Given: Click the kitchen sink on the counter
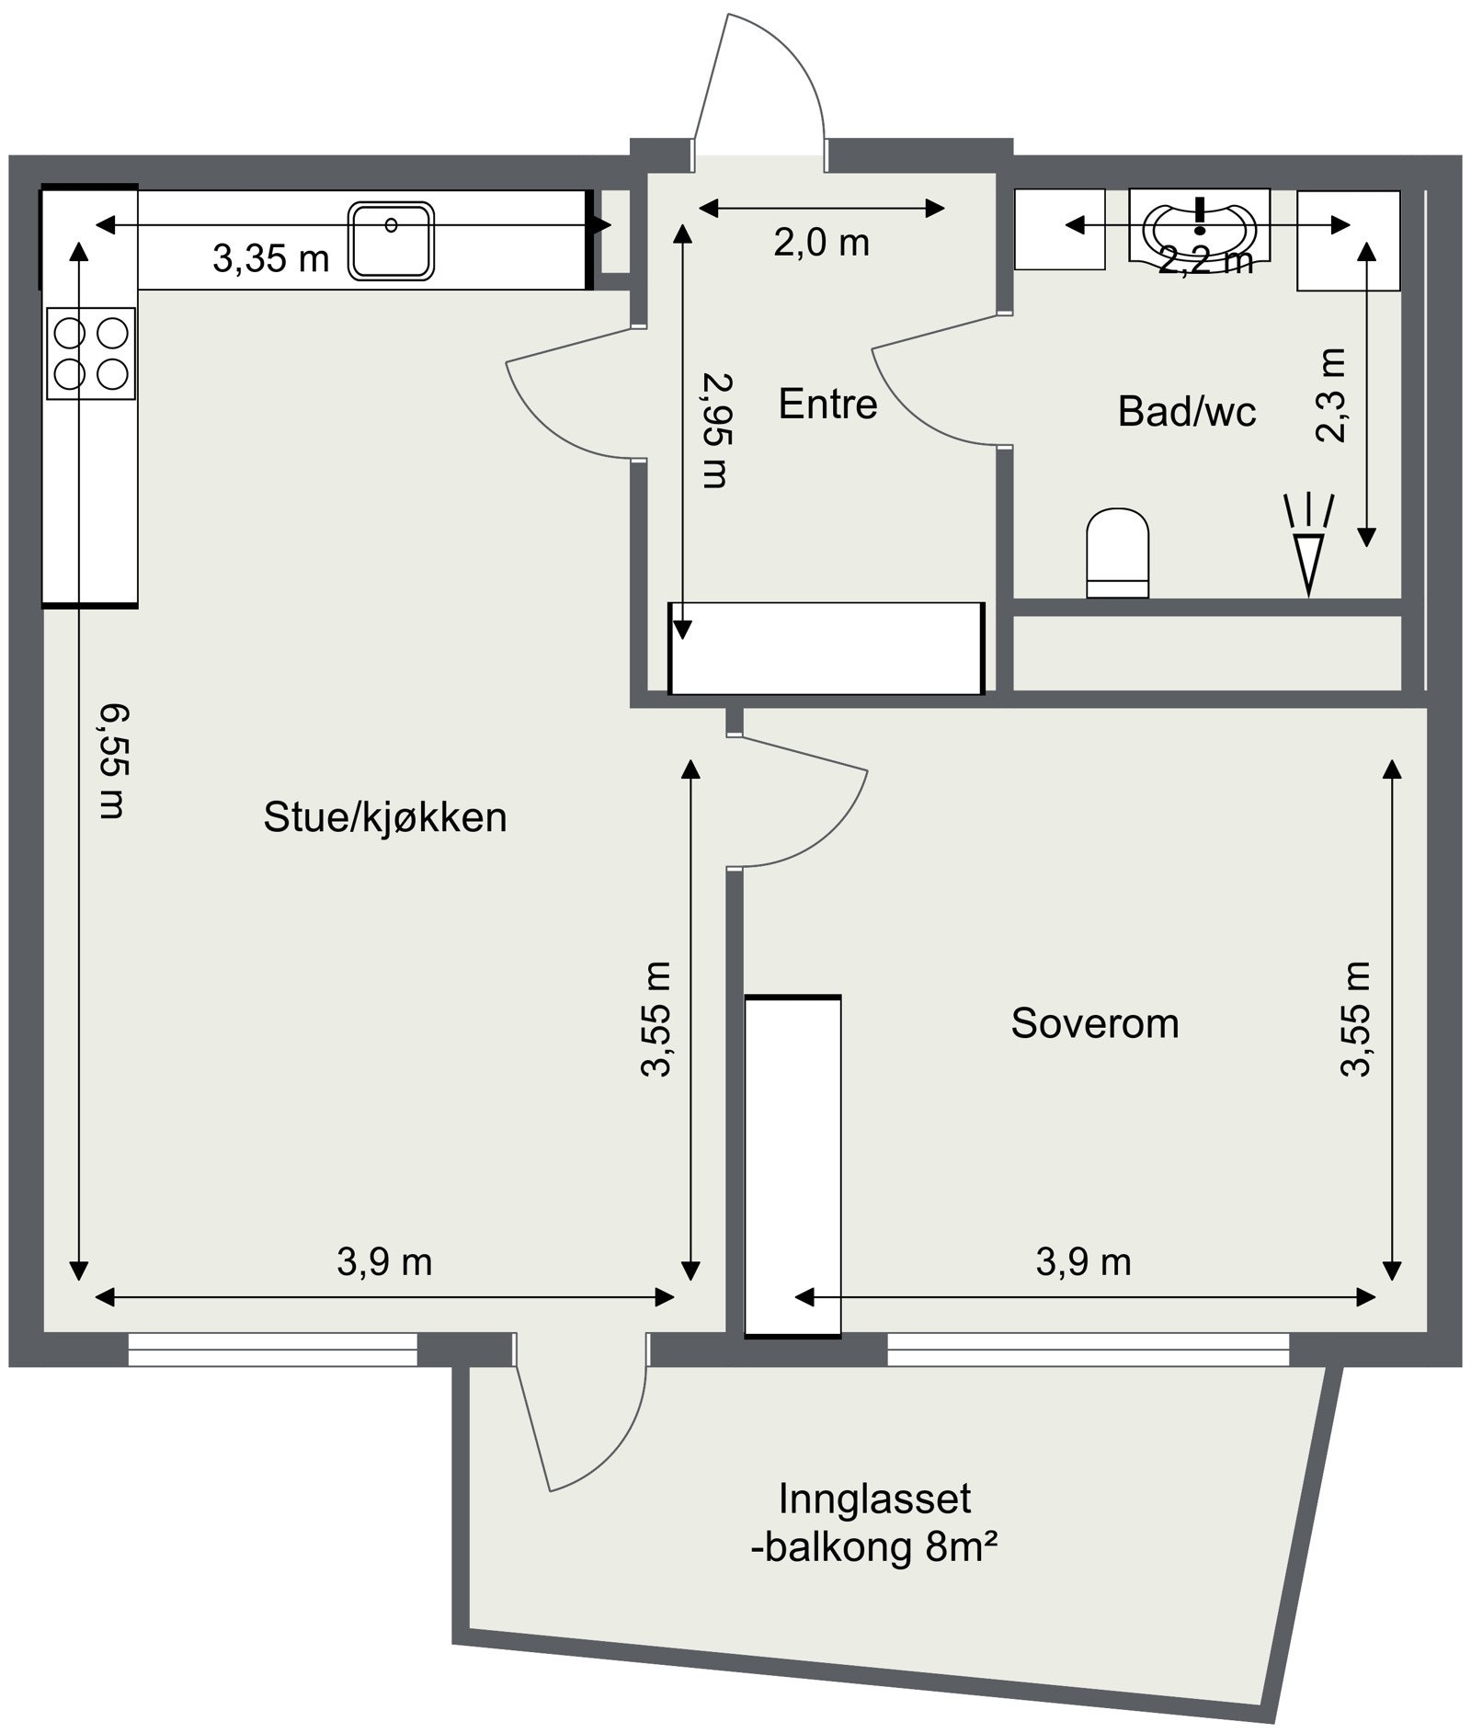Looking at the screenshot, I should pyautogui.click(x=391, y=241).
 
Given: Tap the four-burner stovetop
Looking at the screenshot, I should pyautogui.click(x=91, y=353).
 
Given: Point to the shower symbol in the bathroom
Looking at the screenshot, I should pyautogui.click(x=1307, y=543).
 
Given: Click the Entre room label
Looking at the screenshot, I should pyautogui.click(x=827, y=405).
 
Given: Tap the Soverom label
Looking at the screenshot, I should pyautogui.click(x=1094, y=1023).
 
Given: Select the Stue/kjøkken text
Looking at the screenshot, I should pyautogui.click(x=384, y=817).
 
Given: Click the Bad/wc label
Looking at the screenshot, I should pyautogui.click(x=1186, y=412).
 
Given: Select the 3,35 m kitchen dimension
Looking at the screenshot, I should pyautogui.click(x=270, y=259).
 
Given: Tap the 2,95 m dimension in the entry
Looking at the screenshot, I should pyautogui.click(x=716, y=429).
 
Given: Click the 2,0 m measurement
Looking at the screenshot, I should pyautogui.click(x=821, y=244).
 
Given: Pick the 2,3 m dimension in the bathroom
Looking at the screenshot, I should pyautogui.click(x=1331, y=395).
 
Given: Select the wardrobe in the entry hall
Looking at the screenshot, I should pyautogui.click(x=826, y=647).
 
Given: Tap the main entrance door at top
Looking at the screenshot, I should pyautogui.click(x=759, y=92).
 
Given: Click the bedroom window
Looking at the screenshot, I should pyautogui.click(x=1088, y=1349).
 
